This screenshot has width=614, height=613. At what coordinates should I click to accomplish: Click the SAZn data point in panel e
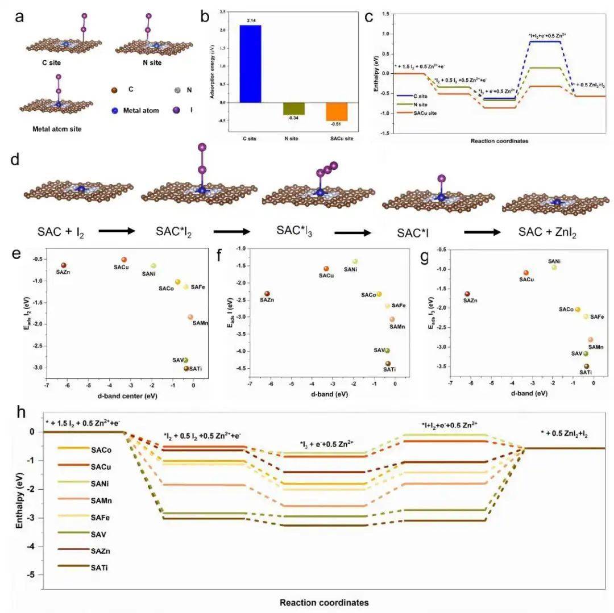pos(64,265)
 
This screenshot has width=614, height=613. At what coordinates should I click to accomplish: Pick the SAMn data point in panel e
pos(190,317)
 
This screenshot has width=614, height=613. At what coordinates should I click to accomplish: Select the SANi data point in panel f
pos(355,261)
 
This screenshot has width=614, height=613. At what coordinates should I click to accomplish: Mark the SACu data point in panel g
pos(526,273)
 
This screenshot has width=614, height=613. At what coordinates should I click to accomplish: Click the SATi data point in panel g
pos(587,366)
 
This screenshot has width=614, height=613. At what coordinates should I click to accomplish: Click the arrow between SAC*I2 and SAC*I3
pos(233,231)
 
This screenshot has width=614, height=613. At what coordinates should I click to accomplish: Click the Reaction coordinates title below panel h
pos(324,602)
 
